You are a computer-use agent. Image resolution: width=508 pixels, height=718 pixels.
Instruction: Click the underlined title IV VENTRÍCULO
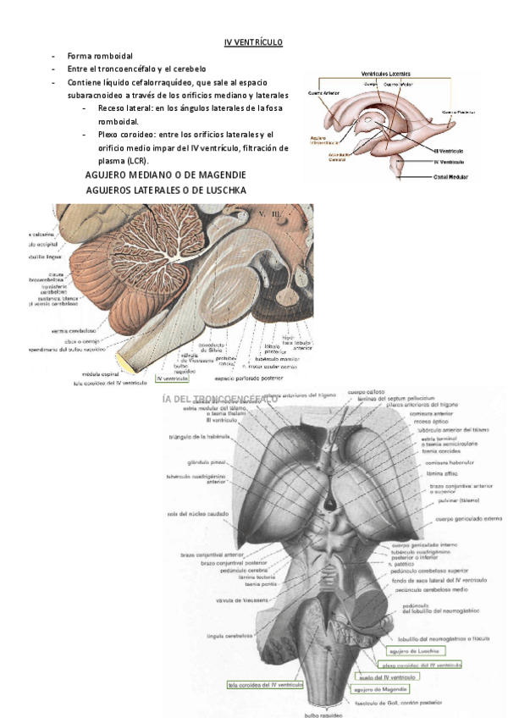253,41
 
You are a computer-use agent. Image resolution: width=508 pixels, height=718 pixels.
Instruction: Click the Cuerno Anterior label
325,93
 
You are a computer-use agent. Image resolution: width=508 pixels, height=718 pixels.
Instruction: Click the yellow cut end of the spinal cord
124,363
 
